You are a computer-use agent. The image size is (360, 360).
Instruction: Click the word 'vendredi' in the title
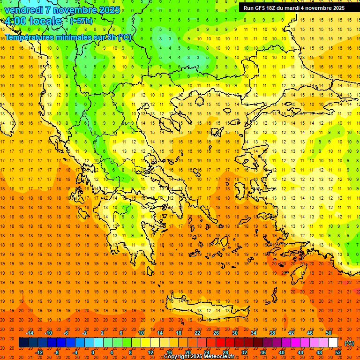[x=24, y=10]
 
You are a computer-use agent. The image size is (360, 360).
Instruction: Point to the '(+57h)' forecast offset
[x=81, y=21]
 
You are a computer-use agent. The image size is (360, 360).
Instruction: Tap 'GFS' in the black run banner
[x=261, y=8]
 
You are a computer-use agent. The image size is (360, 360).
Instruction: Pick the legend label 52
[x=338, y=352]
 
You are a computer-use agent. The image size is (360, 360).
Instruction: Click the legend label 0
[x=93, y=352]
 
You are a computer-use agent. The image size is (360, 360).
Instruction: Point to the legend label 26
[x=216, y=333]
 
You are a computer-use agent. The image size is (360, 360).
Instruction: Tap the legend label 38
[x=272, y=333]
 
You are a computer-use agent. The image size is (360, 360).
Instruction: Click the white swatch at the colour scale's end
[x=333, y=343]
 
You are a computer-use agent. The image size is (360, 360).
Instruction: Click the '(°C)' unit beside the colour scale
[x=349, y=343]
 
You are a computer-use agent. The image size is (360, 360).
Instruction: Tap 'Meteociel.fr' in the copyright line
[x=219, y=357]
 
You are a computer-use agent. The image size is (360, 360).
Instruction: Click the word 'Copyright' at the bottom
[x=179, y=357]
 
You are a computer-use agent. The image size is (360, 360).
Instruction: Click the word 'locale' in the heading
[x=45, y=22]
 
